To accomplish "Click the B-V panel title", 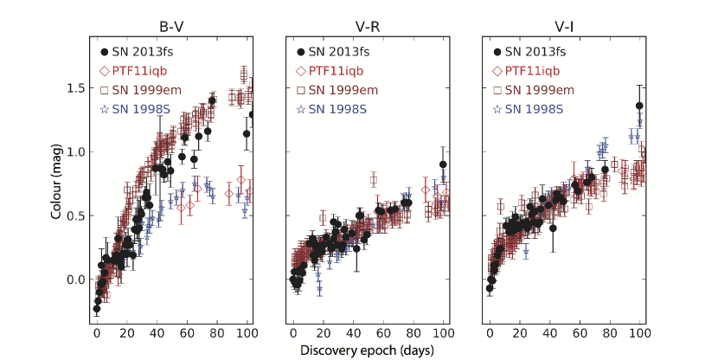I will [170, 25].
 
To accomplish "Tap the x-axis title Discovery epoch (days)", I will [368, 350].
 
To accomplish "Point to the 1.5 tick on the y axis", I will [74, 88].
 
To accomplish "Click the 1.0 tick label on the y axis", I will [74, 151].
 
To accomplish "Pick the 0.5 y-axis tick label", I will [74, 215].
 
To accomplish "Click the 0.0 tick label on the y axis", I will [74, 280].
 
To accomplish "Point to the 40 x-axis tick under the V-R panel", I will [353, 333].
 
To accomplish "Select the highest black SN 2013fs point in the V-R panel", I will [443, 164].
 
